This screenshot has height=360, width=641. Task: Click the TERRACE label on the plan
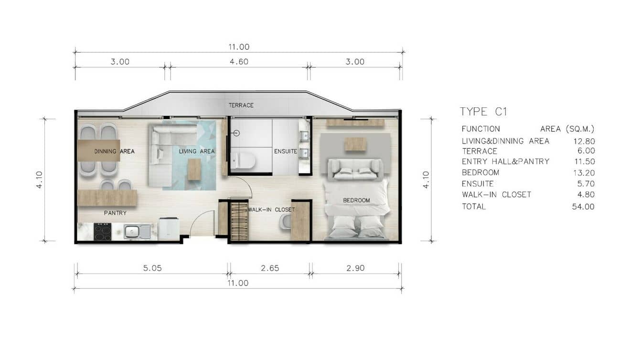(x=241, y=105)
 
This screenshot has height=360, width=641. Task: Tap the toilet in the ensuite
(x=243, y=160)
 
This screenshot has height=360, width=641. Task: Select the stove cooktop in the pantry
(x=102, y=232)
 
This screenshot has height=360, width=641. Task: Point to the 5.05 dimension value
(x=152, y=268)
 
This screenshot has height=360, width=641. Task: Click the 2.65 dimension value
(x=270, y=268)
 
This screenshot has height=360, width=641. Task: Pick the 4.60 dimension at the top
(x=238, y=62)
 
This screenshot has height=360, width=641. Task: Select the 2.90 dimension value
(x=355, y=268)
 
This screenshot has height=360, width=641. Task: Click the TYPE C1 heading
(x=483, y=112)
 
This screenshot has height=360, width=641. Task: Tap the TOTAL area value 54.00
(x=583, y=207)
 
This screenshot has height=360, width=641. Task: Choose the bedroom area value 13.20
(x=583, y=173)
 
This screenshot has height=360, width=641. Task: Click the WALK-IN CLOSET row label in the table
(x=496, y=195)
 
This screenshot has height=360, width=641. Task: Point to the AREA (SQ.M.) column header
(x=567, y=129)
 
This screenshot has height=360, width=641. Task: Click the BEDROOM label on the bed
(x=356, y=200)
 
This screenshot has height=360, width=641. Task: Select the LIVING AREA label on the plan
(x=197, y=151)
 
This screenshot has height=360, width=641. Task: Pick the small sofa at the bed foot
(x=355, y=169)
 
